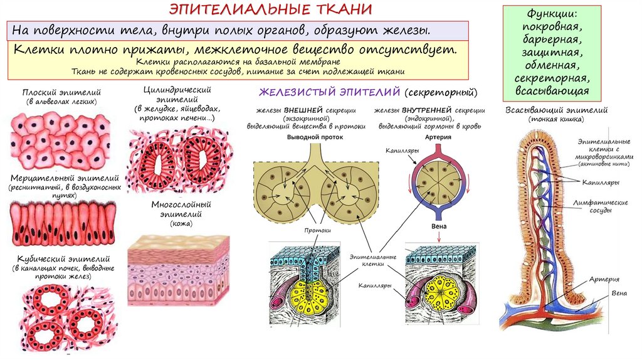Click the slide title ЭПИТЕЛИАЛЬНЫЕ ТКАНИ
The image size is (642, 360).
click(x=271, y=9)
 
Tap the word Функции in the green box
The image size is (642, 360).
click(x=552, y=14)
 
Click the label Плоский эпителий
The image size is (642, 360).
click(x=61, y=92)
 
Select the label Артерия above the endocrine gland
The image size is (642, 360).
click(x=438, y=136)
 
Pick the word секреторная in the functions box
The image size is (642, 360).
click(x=552, y=79)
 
